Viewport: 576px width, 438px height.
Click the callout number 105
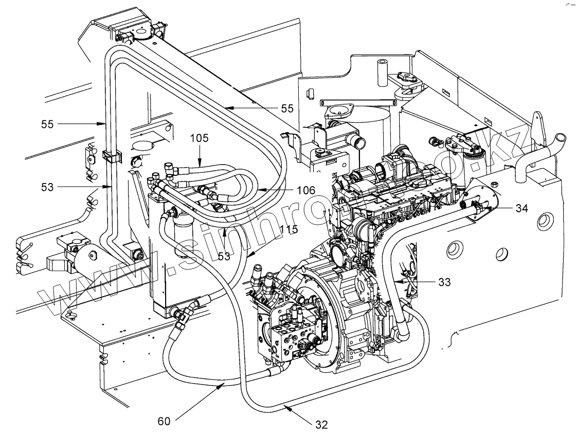click(x=200, y=138)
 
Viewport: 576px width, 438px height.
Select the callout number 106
click(x=306, y=190)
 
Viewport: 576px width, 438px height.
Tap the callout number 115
click(x=289, y=229)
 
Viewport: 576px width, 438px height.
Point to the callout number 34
click(x=521, y=208)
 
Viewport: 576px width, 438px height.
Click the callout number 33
click(x=444, y=282)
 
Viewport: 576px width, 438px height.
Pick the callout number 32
click(x=321, y=425)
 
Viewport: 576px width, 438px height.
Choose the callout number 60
click(x=164, y=421)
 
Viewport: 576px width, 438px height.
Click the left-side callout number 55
click(x=47, y=124)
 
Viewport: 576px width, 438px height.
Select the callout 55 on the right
click(x=287, y=108)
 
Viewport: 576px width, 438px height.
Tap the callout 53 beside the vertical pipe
click(x=47, y=187)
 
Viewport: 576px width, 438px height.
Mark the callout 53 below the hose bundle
click(x=224, y=256)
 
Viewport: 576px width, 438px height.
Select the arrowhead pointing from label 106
click(x=258, y=190)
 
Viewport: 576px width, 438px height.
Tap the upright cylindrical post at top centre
click(x=381, y=72)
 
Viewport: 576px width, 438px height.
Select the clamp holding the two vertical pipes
click(x=110, y=156)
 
